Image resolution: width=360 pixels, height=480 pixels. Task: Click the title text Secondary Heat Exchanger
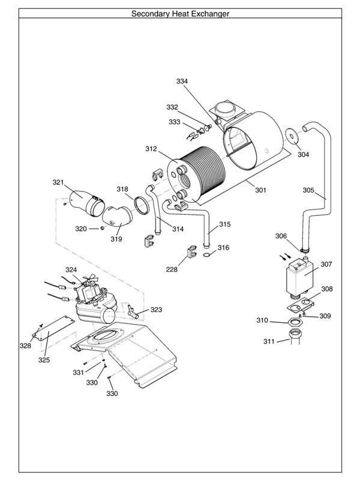(180, 13)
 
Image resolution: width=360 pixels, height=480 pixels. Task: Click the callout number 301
(260, 190)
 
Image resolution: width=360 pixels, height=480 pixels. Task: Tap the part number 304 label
(303, 154)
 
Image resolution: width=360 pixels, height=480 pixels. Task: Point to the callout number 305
(308, 190)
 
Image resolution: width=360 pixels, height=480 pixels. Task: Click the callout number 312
(151, 148)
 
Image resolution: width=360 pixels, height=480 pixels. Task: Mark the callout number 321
(58, 182)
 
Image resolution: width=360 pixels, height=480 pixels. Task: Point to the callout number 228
(172, 269)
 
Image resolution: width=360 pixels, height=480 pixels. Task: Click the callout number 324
(71, 269)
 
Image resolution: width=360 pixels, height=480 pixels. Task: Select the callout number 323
(156, 310)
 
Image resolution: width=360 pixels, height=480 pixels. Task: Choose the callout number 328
(25, 346)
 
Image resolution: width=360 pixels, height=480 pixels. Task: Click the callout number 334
(182, 81)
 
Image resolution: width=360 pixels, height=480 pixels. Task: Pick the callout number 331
(79, 373)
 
